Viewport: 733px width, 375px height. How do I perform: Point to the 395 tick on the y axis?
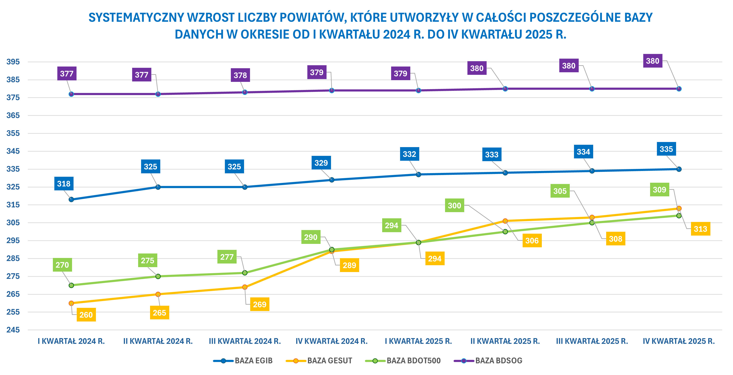pos(13,62)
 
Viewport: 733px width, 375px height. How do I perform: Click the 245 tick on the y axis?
pos(13,330)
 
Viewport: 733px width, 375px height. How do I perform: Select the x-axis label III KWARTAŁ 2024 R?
pos(245,341)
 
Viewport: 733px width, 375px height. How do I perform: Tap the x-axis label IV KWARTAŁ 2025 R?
pos(679,341)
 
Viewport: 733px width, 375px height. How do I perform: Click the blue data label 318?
pos(64,184)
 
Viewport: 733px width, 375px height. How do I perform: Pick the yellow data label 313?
pos(700,229)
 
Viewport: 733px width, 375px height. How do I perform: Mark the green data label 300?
pos(454,206)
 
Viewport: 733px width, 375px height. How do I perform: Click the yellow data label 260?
pos(86,315)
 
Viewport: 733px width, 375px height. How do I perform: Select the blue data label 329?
pos(321,163)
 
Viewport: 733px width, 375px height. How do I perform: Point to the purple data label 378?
pos(240,75)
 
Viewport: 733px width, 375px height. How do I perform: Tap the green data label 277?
pos(227,257)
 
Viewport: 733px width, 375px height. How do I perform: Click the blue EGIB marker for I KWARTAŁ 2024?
pos(71,200)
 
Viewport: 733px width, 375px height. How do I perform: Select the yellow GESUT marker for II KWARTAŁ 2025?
pos(505,221)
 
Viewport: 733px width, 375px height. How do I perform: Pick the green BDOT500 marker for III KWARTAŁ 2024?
pos(245,273)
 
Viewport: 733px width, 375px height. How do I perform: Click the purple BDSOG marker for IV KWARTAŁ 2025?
pos(679,89)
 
